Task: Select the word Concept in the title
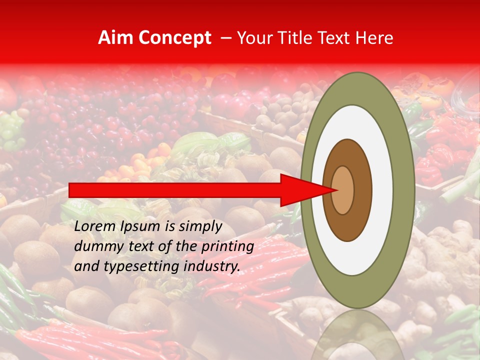click(x=174, y=38)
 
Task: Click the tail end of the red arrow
click(x=70, y=190)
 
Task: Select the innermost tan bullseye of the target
click(x=343, y=190)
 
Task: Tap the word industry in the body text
click(x=213, y=266)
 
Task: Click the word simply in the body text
click(x=200, y=226)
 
